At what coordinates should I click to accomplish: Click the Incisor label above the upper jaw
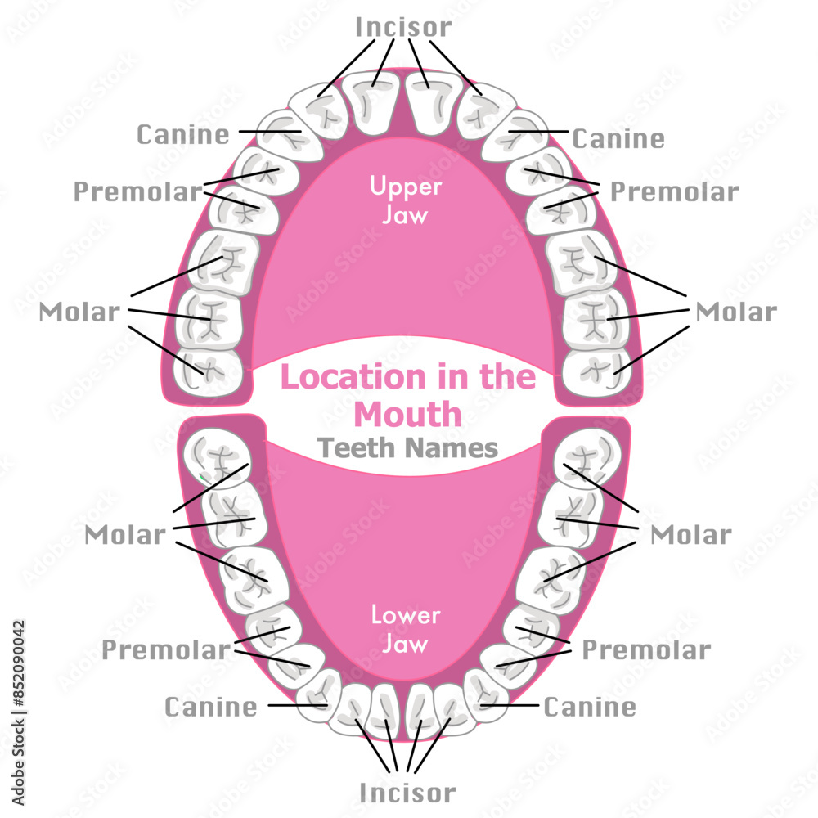click(403, 26)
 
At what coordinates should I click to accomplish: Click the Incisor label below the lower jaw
click(407, 792)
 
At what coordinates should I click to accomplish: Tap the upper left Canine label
click(183, 133)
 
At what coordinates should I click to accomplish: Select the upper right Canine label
click(618, 137)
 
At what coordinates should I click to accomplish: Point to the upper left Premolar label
click(137, 191)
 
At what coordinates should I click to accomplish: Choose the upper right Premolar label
click(675, 191)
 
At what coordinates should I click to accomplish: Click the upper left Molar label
click(79, 312)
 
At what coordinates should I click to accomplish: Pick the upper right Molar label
click(735, 312)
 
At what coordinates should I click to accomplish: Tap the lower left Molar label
click(125, 535)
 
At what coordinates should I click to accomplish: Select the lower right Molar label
click(690, 535)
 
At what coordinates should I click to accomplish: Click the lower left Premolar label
click(166, 650)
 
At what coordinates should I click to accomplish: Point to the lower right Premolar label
click(646, 650)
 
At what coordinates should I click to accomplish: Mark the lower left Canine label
click(211, 706)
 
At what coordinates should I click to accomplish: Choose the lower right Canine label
click(590, 706)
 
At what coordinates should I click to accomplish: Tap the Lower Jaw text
click(406, 629)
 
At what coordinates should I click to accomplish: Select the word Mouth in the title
click(407, 414)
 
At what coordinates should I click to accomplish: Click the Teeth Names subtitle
click(407, 447)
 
